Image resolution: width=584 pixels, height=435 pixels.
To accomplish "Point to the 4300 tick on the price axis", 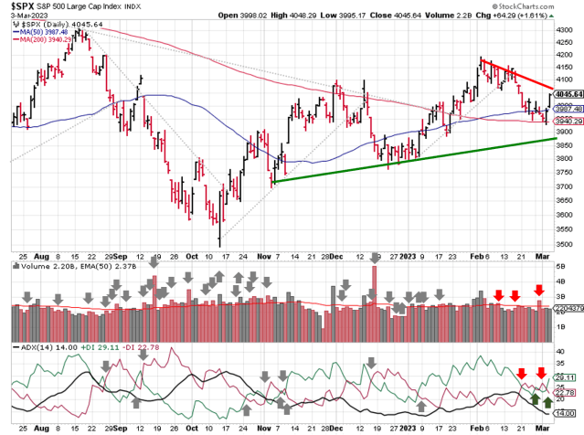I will (566, 29).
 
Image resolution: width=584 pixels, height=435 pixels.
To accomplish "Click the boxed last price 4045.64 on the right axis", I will (568, 93).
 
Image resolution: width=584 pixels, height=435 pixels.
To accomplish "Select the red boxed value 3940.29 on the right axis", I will (568, 122).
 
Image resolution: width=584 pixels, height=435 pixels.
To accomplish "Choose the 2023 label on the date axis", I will (404, 258).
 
